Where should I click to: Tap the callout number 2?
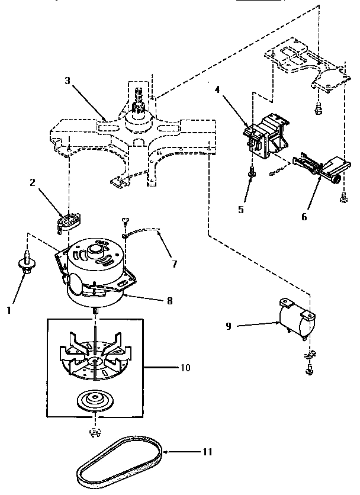[x=33, y=182]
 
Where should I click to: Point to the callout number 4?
[x=217, y=90]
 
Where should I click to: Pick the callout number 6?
[x=304, y=216]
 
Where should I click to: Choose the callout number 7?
[x=175, y=265]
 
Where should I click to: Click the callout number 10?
[x=184, y=368]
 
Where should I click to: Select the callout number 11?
[x=206, y=452]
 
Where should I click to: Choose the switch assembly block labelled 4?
[x=266, y=136]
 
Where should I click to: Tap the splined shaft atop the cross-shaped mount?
[x=140, y=98]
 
